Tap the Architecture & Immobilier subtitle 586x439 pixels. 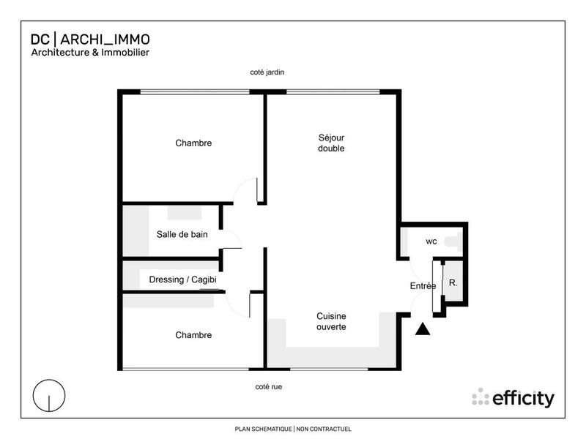click(x=90, y=53)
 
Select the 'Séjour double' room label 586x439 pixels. click(x=331, y=143)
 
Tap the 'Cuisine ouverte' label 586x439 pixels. click(x=331, y=321)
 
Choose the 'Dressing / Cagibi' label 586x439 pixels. click(x=182, y=279)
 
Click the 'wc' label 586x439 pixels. click(x=431, y=241)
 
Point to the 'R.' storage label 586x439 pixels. click(x=453, y=282)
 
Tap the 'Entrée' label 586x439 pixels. click(x=423, y=285)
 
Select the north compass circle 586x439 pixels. click(x=48, y=396)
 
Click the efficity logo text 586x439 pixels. click(x=523, y=398)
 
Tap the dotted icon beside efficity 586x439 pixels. click(x=481, y=397)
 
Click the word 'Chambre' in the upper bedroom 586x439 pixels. click(x=193, y=143)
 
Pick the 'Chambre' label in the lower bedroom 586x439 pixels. click(x=193, y=335)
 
